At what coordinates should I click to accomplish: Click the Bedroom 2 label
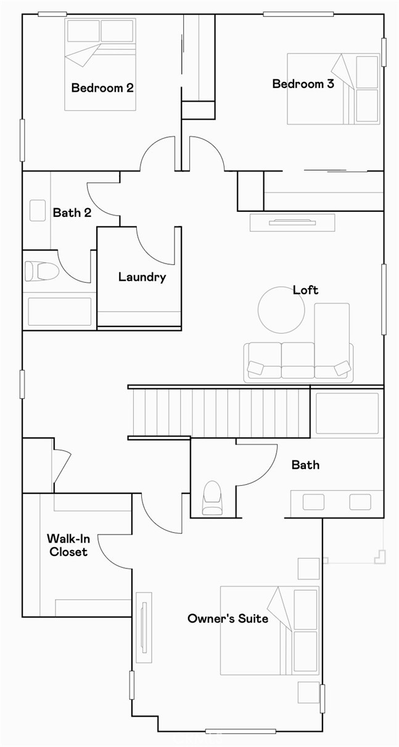point(102,87)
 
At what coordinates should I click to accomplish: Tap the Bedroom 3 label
point(303,84)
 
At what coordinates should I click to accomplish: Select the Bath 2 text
point(72,212)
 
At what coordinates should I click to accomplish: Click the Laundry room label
point(142,277)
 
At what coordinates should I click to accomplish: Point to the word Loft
point(305,289)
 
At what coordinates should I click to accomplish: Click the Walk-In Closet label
point(68,545)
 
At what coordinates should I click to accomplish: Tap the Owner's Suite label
point(228,618)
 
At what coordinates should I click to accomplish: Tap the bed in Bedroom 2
point(100,65)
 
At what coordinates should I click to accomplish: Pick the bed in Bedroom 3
point(333,89)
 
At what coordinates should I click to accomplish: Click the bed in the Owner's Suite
point(269,630)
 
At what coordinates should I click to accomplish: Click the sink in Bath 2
point(38,210)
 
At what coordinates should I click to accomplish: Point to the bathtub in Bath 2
point(60,311)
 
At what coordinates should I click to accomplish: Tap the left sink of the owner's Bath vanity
point(313,502)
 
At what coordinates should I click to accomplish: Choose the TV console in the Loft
point(292,222)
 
